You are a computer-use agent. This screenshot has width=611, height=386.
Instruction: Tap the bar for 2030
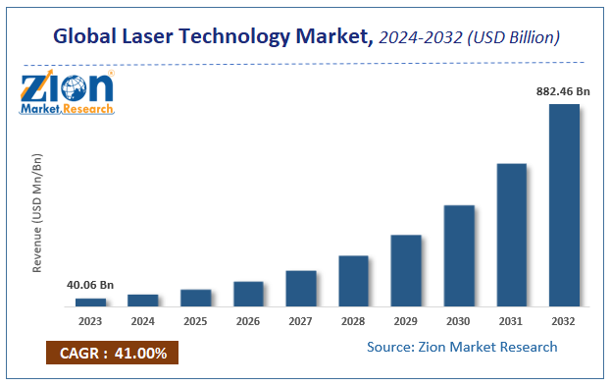point(459,255)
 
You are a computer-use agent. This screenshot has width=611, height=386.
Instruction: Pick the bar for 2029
point(406,270)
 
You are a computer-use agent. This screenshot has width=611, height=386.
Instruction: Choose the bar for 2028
point(353,280)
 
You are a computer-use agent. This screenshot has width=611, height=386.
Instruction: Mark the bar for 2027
point(301,288)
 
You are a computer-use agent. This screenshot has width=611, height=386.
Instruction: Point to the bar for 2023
point(90,302)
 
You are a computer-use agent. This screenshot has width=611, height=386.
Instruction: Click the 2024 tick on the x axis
point(143,321)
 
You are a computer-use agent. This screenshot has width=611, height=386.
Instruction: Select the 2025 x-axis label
point(196,321)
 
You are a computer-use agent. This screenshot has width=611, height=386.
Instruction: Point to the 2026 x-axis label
point(248,321)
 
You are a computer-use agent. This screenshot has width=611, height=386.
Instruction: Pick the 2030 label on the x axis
point(459,321)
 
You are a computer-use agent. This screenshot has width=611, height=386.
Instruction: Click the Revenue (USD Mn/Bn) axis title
point(38,212)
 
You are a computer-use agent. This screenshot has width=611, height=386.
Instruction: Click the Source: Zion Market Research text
point(462,347)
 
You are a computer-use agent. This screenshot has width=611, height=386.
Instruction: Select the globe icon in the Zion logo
point(76,89)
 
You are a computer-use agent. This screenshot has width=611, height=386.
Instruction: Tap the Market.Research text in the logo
point(66,109)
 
